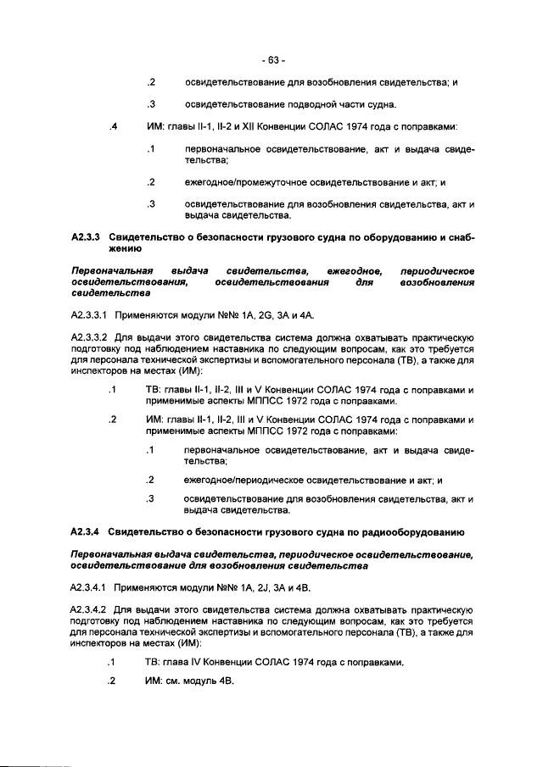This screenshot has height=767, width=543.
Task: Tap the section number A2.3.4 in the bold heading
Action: point(86,532)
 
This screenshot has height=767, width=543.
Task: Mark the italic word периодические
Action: point(436,270)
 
